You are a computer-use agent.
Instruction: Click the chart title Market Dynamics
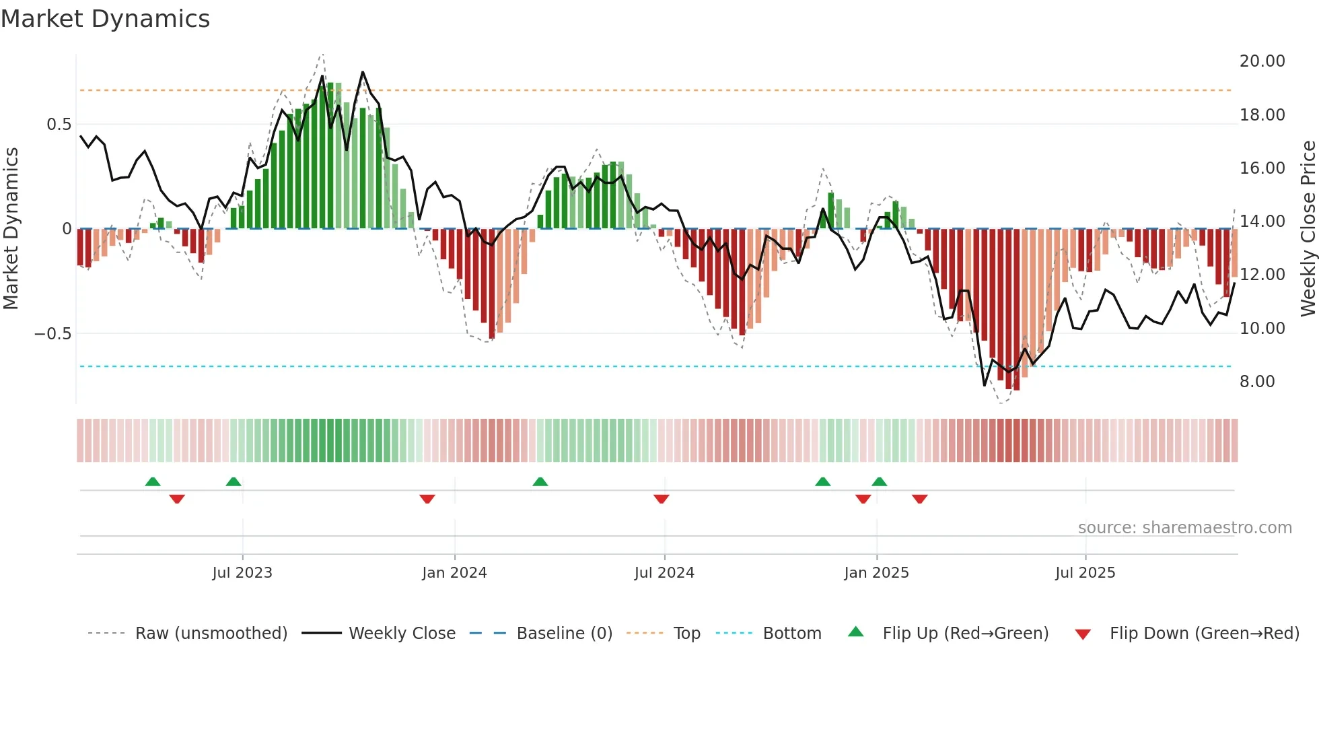click(105, 19)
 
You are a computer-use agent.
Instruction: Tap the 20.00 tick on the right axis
click(1262, 61)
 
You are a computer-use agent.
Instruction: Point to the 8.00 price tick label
click(1257, 382)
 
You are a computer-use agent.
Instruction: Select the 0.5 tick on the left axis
click(59, 125)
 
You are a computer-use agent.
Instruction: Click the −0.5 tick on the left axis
click(53, 334)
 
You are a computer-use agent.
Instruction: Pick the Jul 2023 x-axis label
click(242, 573)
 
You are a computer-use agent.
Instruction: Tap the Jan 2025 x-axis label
click(876, 573)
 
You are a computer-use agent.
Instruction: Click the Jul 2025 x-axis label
click(1085, 573)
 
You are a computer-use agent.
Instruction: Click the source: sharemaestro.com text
click(1184, 528)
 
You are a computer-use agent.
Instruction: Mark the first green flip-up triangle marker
click(153, 481)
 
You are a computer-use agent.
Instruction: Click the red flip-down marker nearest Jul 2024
click(661, 499)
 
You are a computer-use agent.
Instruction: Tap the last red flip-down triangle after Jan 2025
click(919, 499)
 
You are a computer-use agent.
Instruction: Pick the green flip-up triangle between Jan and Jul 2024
click(540, 481)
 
